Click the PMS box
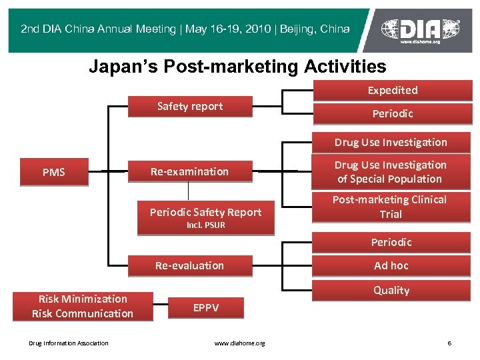pos(54,172)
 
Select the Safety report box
pos(190,107)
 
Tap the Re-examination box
pos(190,172)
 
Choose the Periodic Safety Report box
pos(205,213)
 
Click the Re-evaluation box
pos(190,265)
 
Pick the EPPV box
pos(205,307)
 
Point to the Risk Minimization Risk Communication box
pos(83,306)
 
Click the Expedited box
pos(392,91)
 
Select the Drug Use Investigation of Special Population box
pos(391,172)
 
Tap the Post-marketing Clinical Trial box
pos(391,207)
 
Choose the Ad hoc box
pos(391,265)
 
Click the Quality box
pos(391,290)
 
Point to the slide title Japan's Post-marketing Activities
pos(237,67)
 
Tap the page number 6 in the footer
pos(449,343)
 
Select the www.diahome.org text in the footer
pos(239,343)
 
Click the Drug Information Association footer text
pos(69,343)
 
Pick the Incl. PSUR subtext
pos(205,225)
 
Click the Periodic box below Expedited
pos(392,114)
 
